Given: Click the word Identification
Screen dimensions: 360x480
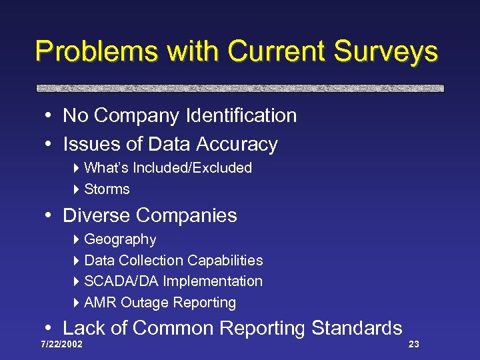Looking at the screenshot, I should pos(242,115).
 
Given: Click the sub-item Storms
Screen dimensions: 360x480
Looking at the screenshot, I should pos(107,189).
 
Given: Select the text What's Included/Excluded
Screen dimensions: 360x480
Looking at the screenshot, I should pos(168,168).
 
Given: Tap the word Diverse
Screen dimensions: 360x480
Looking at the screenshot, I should pos(96,215).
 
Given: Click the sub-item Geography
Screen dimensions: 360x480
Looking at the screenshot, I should pos(120,239).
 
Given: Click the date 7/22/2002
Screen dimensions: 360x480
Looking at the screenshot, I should pos(61,345).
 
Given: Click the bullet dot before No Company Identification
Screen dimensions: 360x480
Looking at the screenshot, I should pos(50,116).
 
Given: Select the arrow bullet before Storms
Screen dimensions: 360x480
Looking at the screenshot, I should pos(77,189).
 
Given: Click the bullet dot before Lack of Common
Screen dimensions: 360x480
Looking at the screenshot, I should pos(50,329).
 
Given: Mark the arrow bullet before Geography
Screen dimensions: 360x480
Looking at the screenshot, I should pos(77,239).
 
